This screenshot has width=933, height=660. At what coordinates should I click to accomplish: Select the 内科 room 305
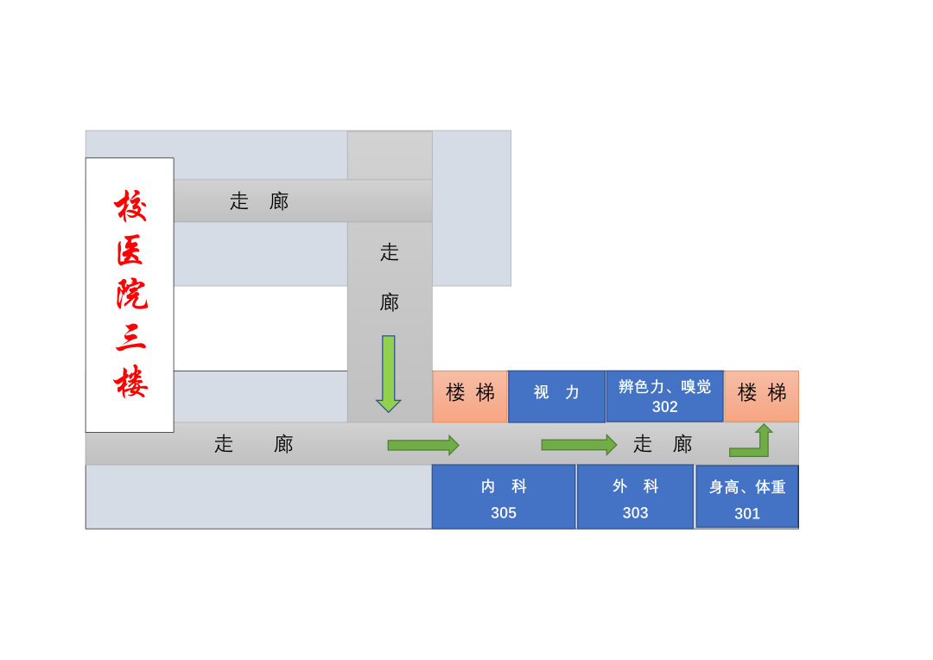point(504,497)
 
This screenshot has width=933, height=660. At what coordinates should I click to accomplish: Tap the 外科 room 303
point(635,497)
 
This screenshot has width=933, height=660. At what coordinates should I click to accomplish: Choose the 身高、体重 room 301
point(747,497)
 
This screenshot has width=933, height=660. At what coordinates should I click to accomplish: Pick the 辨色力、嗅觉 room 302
point(664,396)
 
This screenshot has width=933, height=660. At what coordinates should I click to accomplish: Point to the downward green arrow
point(389,373)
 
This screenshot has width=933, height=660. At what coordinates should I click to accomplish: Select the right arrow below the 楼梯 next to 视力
point(422,445)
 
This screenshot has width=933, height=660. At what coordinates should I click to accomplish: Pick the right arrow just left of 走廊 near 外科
point(578,445)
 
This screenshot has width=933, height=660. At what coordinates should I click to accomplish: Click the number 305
point(504,513)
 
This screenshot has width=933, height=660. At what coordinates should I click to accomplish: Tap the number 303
point(635,513)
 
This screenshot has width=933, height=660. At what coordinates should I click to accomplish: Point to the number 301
point(747,514)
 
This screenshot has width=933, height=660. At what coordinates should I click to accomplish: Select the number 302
point(664,407)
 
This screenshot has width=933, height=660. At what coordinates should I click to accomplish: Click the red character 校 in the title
point(130,206)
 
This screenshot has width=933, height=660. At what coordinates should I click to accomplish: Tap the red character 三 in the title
point(130,337)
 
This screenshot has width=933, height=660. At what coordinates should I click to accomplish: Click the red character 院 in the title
point(130,294)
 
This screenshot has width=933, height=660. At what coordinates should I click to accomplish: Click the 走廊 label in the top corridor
point(259,201)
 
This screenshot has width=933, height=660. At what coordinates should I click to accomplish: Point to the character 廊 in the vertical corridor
point(390,302)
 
